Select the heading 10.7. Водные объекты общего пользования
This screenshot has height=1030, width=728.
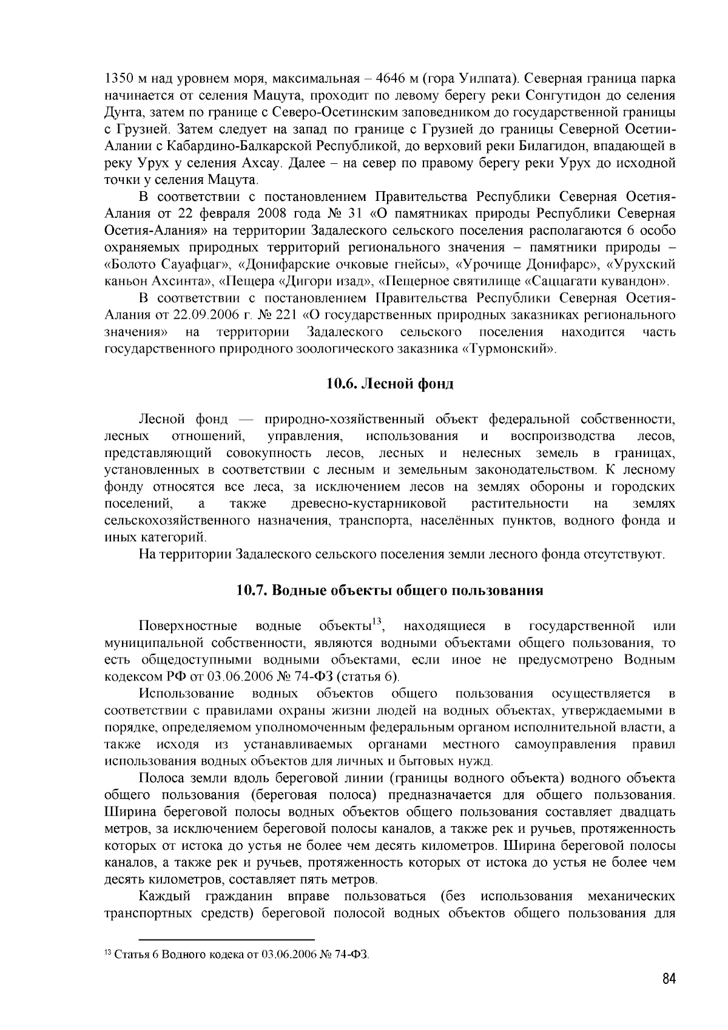click(x=389, y=590)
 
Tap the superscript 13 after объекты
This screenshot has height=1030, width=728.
click(x=377, y=620)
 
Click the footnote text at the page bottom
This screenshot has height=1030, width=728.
click(x=237, y=955)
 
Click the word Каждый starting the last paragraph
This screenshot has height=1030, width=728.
click(x=164, y=896)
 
